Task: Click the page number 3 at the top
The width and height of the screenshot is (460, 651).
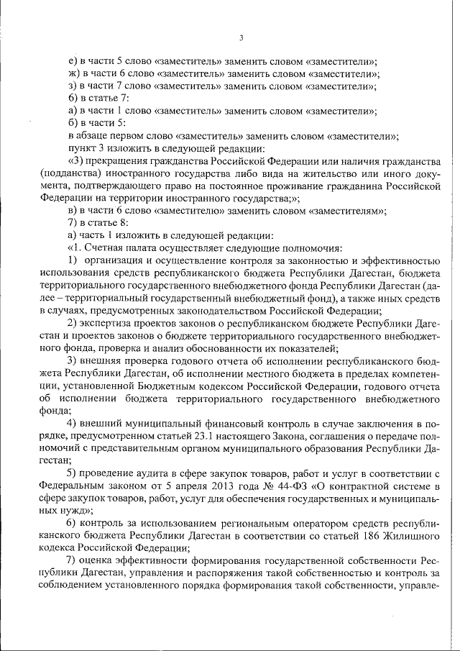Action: (241, 38)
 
